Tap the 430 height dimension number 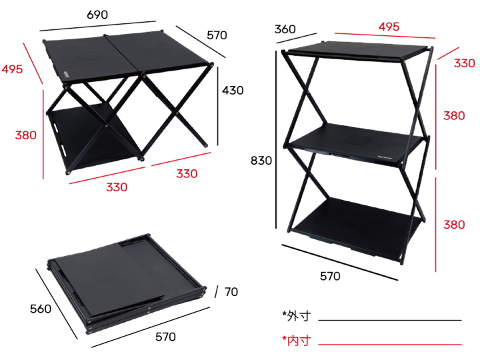pyautogui.click(x=233, y=90)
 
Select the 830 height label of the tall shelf pyautogui.click(x=261, y=160)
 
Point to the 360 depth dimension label pyautogui.click(x=285, y=29)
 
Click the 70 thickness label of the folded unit pyautogui.click(x=231, y=292)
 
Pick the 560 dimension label pyautogui.click(x=41, y=309)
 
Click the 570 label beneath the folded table pyautogui.click(x=165, y=337)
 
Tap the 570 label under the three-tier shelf pyautogui.click(x=329, y=275)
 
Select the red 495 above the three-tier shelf pyautogui.click(x=389, y=27)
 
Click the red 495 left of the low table pyautogui.click(x=12, y=69)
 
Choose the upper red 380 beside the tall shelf pyautogui.click(x=454, y=115)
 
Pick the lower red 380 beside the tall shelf pyautogui.click(x=454, y=225)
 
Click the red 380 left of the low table pyautogui.click(x=25, y=135)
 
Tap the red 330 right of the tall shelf pyautogui.click(x=465, y=63)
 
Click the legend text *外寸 pyautogui.click(x=296, y=315)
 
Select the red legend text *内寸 pyautogui.click(x=296, y=341)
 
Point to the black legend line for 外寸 pyautogui.click(x=390, y=320)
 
